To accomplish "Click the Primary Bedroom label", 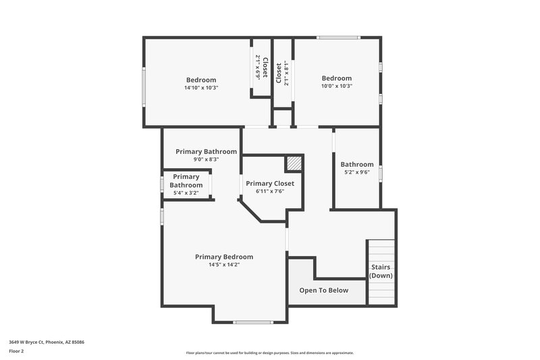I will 224,257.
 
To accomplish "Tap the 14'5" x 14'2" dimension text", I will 224,265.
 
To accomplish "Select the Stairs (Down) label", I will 381,271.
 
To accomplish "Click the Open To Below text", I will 324,290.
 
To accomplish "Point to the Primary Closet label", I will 270,183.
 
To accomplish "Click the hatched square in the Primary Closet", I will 293,163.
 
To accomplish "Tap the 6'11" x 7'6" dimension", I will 270,191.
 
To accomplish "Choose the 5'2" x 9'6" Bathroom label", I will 357,164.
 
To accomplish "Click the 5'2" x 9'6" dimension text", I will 357,172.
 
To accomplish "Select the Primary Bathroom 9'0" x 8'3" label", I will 207,151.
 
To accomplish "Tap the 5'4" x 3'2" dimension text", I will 186,193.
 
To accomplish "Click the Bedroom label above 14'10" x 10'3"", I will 201,80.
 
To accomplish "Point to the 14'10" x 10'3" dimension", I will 201,88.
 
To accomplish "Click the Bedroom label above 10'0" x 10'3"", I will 337,78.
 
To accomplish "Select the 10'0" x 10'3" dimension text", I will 337,86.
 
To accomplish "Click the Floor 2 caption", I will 16,351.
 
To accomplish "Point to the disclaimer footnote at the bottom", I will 270,353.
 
